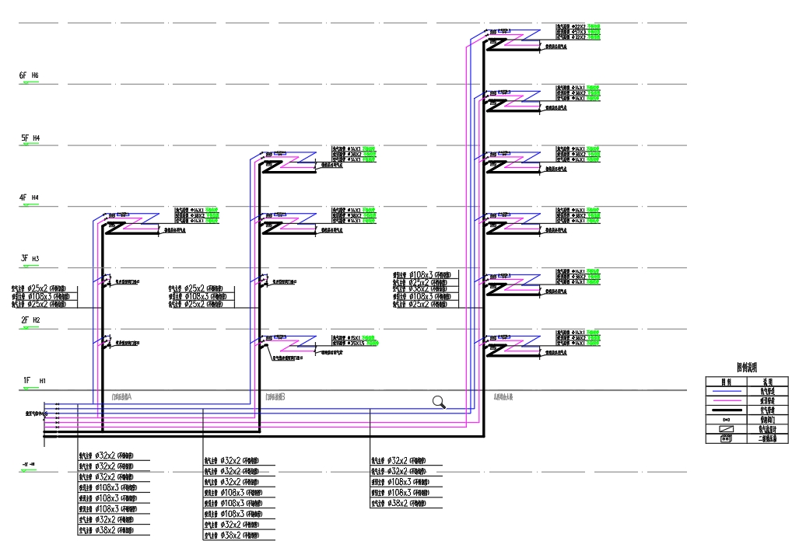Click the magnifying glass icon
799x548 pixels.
(439, 402)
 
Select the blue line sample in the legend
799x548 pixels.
(725, 391)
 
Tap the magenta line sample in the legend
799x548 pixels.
(725, 400)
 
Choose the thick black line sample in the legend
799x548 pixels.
(725, 410)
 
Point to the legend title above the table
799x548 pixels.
(747, 368)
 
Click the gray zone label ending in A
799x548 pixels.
(122, 396)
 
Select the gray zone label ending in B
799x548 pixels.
(275, 396)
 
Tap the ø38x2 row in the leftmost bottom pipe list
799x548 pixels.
(109, 531)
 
